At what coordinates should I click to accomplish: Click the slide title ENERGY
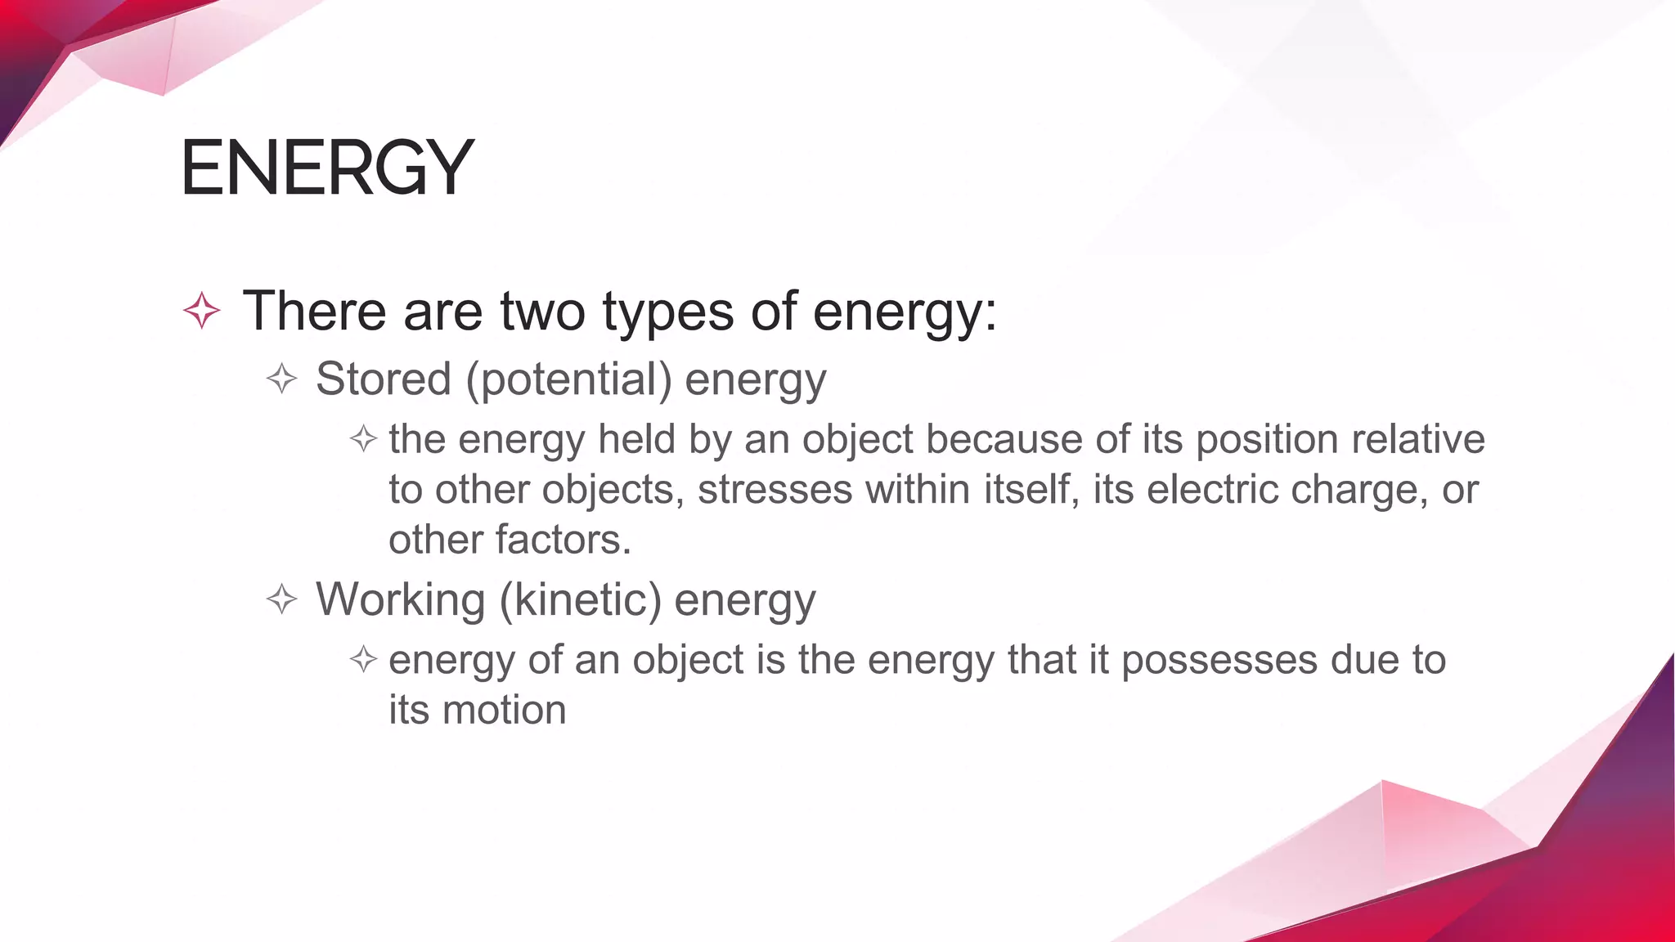click(x=327, y=168)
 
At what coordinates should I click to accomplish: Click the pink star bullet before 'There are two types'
click(x=202, y=312)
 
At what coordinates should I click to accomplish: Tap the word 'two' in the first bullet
click(x=542, y=312)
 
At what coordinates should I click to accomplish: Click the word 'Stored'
click(x=383, y=379)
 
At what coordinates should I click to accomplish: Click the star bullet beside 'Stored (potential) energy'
click(x=282, y=379)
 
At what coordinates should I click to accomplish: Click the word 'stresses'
click(x=775, y=490)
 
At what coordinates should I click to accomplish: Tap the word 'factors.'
click(x=563, y=540)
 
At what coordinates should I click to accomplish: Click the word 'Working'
click(x=401, y=599)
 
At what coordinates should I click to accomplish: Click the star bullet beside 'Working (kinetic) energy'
click(x=282, y=599)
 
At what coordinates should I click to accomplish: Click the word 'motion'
click(x=504, y=710)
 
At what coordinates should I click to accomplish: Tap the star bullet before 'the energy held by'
click(x=363, y=440)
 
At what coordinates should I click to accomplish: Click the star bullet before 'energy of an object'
click(x=363, y=659)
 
